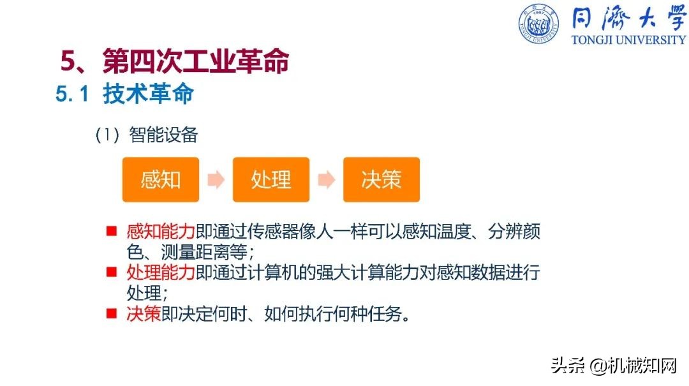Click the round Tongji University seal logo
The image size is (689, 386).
coord(538,25)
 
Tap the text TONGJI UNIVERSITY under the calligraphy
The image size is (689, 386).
coord(628,40)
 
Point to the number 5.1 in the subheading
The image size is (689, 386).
coord(72,94)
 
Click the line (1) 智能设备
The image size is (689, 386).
coord(146,135)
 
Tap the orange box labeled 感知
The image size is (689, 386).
coord(161,179)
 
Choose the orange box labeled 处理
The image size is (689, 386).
coord(271,179)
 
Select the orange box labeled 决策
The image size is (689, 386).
coord(382,179)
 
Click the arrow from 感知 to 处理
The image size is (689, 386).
coord(216,180)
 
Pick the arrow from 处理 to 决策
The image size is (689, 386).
coord(327,180)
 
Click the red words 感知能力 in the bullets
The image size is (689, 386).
coord(161,231)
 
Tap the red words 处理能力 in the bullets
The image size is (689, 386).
coord(161,273)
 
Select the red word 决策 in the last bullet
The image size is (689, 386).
coord(144,314)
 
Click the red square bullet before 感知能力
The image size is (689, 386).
coord(112,230)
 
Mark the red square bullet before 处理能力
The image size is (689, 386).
coord(112,272)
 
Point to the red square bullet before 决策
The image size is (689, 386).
coord(112,313)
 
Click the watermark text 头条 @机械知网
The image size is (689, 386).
coord(613,366)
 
